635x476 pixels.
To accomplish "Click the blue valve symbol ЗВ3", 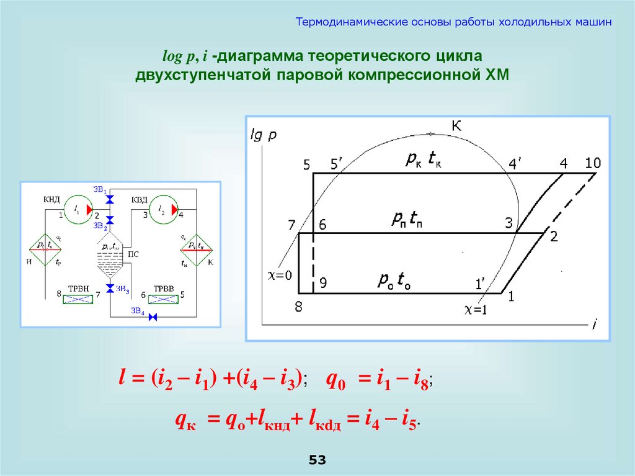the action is point(110,289).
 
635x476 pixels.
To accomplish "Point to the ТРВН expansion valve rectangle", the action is point(78,299).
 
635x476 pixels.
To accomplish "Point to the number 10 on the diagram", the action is point(593,163).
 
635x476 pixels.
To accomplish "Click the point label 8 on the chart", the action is point(298,307).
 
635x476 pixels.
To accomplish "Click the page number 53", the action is point(317,460).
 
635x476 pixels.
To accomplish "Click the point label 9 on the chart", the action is point(323,283).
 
